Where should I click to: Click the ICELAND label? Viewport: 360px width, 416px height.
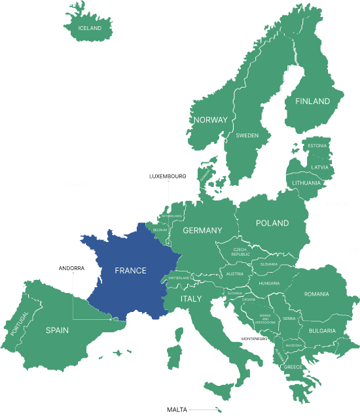click(90, 29)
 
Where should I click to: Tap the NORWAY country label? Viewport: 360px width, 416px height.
click(210, 120)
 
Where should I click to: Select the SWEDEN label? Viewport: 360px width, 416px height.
click(247, 135)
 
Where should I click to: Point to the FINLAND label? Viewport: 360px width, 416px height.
click(312, 101)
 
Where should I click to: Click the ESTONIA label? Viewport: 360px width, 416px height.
click(317, 145)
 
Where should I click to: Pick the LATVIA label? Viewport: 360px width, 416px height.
click(320, 167)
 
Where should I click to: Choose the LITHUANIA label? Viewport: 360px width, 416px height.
click(307, 183)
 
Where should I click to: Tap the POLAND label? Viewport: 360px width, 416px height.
click(272, 223)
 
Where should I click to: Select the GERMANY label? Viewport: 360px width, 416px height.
click(202, 230)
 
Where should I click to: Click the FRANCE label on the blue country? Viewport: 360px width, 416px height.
click(130, 270)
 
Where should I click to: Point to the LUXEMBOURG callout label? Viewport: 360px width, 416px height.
click(168, 177)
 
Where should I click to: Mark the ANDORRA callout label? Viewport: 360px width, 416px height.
click(71, 268)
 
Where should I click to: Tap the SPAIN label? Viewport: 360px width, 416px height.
click(57, 330)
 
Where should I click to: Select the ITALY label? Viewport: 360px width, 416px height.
click(191, 299)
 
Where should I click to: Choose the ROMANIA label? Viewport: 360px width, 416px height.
click(316, 294)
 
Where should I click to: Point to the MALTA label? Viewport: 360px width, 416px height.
click(177, 409)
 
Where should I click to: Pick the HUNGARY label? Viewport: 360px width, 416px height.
click(269, 283)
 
